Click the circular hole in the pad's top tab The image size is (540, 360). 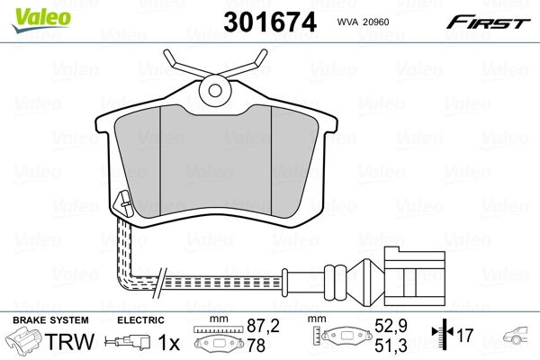click(214, 89)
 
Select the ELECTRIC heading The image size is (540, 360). click(139, 320)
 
